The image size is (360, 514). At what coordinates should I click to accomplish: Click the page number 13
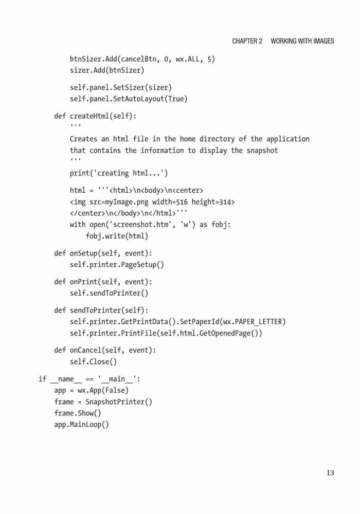[x=330, y=473]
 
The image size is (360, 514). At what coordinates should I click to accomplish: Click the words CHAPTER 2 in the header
[x=247, y=41]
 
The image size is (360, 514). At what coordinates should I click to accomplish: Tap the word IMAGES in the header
[x=323, y=41]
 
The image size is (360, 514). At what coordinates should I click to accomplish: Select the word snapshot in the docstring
[x=262, y=151]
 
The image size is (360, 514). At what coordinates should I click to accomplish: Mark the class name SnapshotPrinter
[x=115, y=401]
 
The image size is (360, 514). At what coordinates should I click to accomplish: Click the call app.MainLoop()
[x=82, y=425]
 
